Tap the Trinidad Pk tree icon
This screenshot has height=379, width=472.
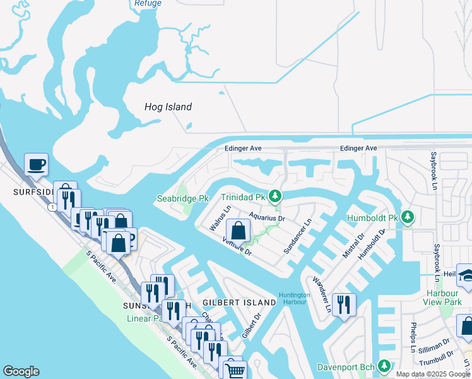click(x=274, y=196)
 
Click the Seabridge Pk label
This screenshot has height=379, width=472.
click(x=182, y=198)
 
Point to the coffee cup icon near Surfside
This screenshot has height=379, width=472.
click(x=36, y=165)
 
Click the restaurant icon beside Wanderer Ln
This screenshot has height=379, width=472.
click(x=343, y=304)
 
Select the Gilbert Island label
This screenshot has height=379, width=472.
click(x=239, y=303)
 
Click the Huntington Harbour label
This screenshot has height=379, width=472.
click(x=295, y=298)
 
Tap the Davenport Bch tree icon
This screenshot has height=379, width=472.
click(x=383, y=366)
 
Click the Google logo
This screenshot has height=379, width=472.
click(x=21, y=371)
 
